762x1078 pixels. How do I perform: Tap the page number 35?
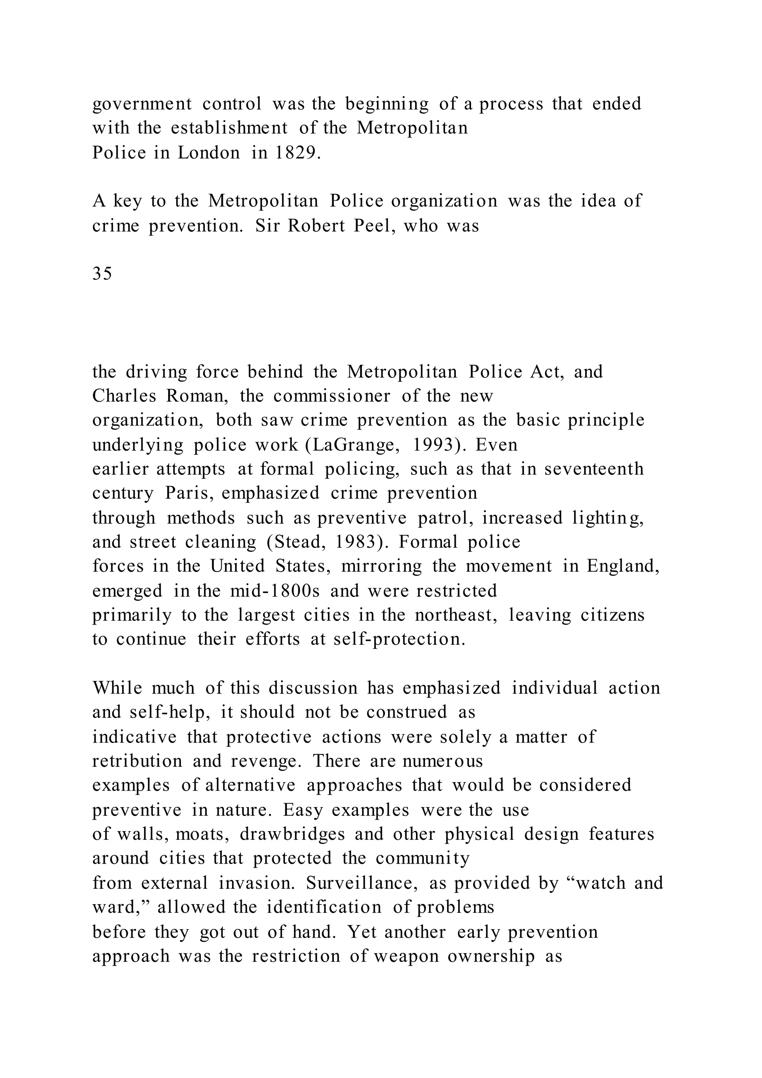[x=102, y=273]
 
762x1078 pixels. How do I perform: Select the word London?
[x=209, y=153]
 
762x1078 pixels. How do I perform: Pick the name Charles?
[x=124, y=396]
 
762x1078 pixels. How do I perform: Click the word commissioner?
[x=332, y=396]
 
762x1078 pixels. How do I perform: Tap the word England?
[x=623, y=566]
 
